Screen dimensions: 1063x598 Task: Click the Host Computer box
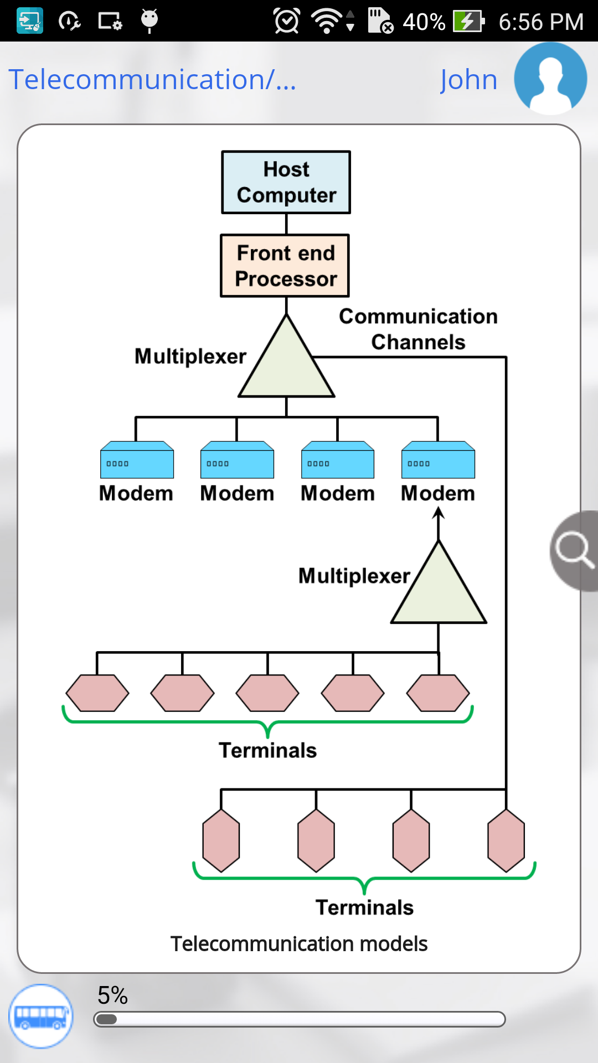286,182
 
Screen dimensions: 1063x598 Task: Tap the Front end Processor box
285,266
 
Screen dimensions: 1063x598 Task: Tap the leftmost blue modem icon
137,460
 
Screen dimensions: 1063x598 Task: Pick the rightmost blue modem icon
438,460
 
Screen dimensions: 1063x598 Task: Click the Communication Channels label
418,329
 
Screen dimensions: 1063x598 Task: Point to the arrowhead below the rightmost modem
439,513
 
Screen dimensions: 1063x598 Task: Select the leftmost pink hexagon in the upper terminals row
97,693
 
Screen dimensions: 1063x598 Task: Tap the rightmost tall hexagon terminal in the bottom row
506,840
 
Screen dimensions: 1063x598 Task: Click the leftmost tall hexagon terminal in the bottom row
221,840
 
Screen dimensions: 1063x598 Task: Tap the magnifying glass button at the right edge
575,550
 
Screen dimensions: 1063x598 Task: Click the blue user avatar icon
550,79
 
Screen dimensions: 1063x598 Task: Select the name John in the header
468,80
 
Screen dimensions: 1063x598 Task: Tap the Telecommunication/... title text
152,80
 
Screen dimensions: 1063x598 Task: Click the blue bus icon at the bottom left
40,1016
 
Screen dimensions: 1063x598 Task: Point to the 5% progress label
112,995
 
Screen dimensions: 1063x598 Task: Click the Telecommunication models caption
299,944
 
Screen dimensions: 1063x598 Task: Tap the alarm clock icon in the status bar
287,21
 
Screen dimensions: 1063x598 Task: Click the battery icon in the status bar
468,21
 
